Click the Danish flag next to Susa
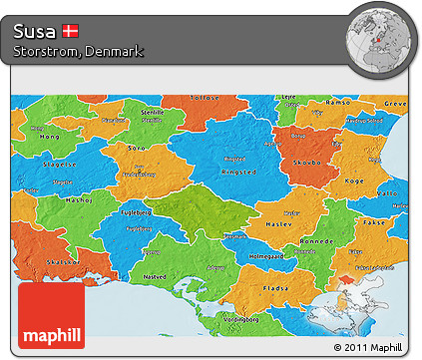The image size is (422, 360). click(70, 31)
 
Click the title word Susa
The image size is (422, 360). click(35, 31)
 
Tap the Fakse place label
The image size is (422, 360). click(375, 221)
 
